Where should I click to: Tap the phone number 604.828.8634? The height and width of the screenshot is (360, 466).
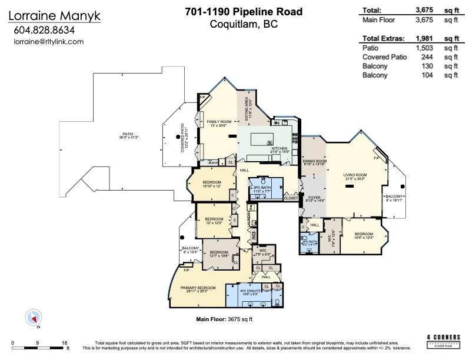coord(45,31)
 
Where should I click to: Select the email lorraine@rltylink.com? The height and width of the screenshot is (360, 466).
coord(48,42)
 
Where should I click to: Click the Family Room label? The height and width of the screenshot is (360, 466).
coord(219,122)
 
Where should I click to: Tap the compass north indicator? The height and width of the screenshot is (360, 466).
coord(33,318)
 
